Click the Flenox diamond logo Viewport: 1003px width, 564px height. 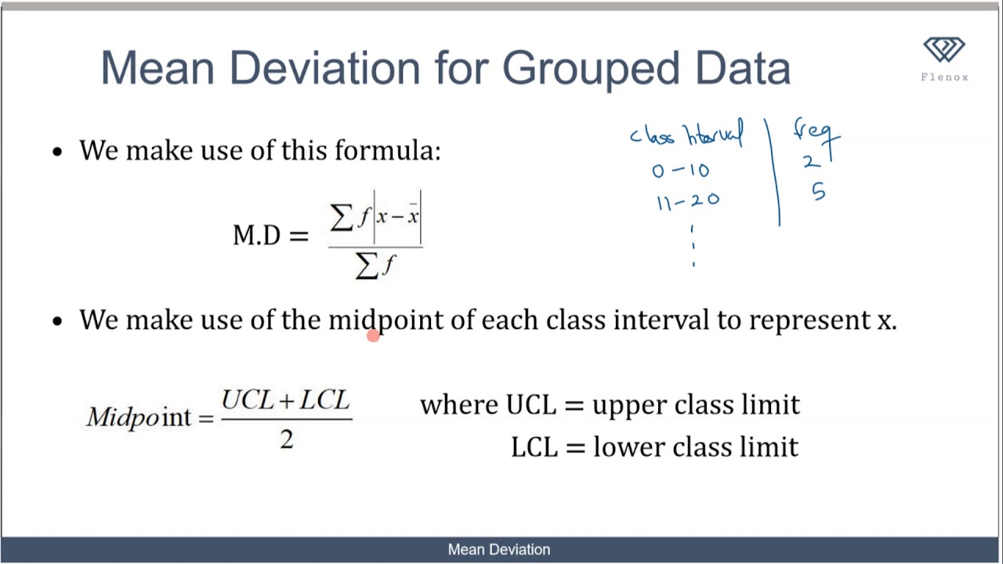pos(944,51)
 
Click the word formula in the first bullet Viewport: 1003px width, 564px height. pos(387,150)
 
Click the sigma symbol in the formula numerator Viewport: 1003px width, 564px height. pos(342,217)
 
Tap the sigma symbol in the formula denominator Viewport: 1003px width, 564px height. pos(366,266)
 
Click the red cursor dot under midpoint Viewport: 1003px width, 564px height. pos(372,335)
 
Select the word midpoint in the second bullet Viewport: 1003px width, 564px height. pos(385,320)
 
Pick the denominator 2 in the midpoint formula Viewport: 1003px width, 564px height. pos(286,440)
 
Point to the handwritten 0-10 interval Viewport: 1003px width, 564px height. pos(680,170)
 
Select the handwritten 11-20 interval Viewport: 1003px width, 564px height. pos(687,202)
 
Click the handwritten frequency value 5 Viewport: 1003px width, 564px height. pos(818,193)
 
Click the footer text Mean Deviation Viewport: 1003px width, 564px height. pos(499,550)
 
